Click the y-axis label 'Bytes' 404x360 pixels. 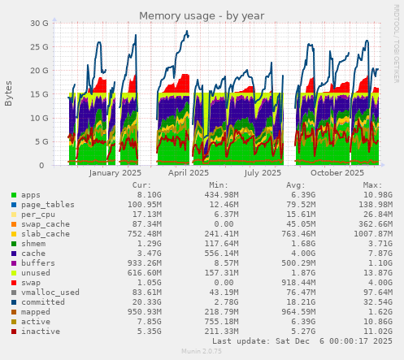click(x=9, y=93)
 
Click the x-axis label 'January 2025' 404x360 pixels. click(x=115, y=173)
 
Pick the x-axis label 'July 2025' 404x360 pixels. click(x=263, y=173)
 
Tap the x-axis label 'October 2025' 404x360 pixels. click(x=337, y=173)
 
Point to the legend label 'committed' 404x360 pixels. click(x=43, y=301)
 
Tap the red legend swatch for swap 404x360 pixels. click(x=14, y=281)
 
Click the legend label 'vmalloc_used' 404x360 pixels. click(x=50, y=292)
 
